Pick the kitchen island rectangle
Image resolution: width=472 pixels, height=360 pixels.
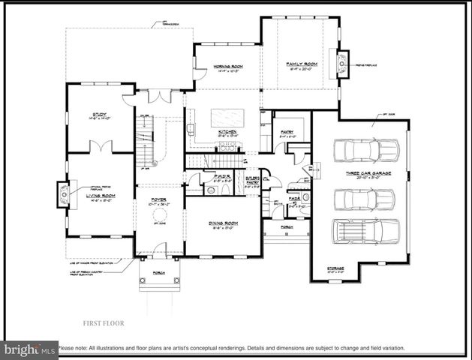[x=227, y=117]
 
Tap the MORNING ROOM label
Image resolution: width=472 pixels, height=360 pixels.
[x=226, y=65]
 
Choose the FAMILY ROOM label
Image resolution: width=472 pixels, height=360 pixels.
[x=302, y=64]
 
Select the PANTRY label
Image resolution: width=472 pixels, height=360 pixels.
[x=287, y=133]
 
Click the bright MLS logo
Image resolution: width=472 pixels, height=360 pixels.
[x=29, y=349]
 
